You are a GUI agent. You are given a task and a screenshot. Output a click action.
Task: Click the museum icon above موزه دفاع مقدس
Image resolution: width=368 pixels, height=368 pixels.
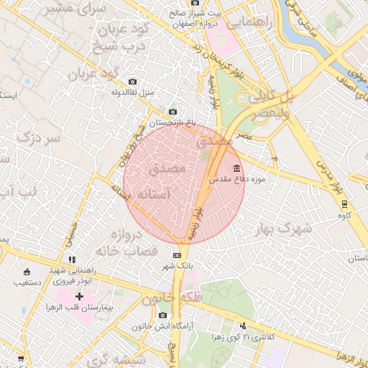coord(217,167)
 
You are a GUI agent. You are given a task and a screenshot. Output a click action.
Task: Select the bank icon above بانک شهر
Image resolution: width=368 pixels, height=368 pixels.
coord(177,255)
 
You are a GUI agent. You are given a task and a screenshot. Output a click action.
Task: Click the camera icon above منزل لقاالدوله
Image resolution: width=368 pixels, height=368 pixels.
coord(132,82)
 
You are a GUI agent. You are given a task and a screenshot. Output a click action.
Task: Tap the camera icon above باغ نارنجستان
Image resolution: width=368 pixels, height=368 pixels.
coord(172,111)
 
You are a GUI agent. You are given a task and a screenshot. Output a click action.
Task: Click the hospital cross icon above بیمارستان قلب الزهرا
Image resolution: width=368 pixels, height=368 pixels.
coord(79,297)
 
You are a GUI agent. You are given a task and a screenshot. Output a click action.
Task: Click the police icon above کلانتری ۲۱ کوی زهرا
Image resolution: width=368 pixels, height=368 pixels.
coord(243,326)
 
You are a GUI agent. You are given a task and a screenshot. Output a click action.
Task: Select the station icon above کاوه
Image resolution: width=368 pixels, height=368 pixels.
coord(345,203)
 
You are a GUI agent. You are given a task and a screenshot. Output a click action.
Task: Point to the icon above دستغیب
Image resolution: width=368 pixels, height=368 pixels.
coord(27,272)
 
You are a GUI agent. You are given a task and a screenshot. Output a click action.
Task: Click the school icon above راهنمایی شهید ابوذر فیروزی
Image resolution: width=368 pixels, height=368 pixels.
coord(71,259)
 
